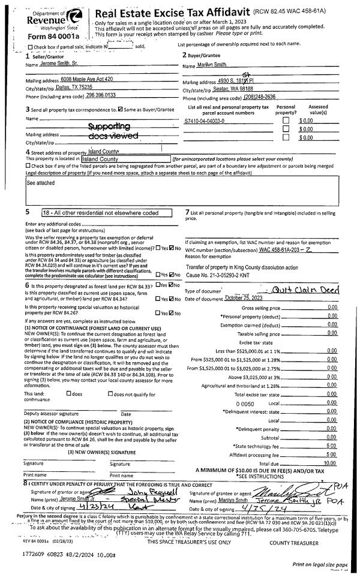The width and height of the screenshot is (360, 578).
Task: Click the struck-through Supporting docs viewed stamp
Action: [109, 131]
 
